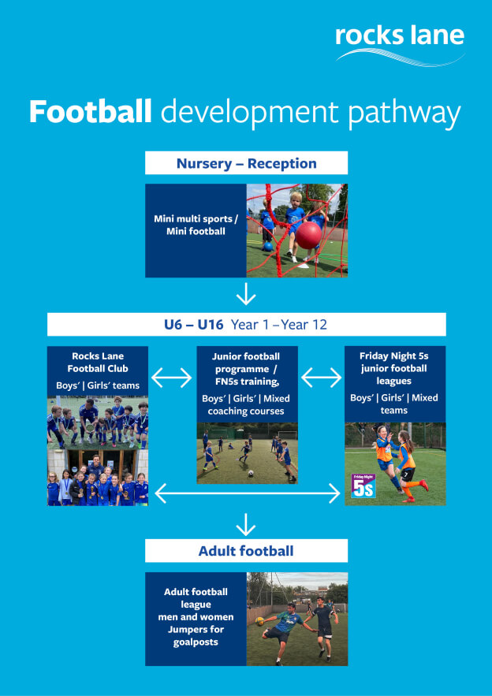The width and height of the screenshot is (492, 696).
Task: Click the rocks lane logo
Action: click(399, 43)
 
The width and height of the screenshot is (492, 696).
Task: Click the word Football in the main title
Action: click(90, 112)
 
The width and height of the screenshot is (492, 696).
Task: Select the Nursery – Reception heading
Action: click(246, 164)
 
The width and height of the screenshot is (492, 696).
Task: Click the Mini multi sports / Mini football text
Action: click(196, 225)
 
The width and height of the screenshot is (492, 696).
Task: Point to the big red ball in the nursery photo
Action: click(308, 234)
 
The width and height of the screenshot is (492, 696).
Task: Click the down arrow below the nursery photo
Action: click(246, 295)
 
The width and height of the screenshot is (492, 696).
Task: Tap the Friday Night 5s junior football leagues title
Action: click(394, 368)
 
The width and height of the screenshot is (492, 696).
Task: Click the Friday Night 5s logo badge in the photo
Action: click(363, 487)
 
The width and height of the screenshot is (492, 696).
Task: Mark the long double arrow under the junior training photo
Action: click(247, 494)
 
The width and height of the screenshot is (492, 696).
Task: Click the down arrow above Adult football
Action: click(246, 524)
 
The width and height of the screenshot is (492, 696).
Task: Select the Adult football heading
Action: click(246, 550)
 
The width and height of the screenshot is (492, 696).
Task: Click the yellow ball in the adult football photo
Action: click(259, 620)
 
